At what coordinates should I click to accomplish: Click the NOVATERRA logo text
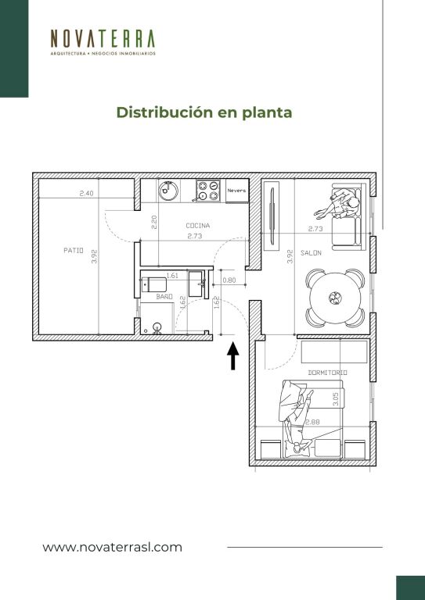(x=103, y=38)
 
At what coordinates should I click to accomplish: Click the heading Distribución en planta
(x=203, y=112)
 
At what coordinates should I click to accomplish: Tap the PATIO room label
(x=74, y=251)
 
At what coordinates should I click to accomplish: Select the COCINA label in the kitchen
(x=198, y=226)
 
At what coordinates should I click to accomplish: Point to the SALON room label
(x=311, y=253)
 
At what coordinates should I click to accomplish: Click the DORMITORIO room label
(x=328, y=373)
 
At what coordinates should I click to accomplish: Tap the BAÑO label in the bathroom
(x=164, y=297)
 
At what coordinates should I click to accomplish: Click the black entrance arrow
(x=232, y=356)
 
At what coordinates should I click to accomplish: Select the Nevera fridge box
(x=237, y=191)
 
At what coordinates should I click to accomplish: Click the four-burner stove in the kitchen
(x=208, y=191)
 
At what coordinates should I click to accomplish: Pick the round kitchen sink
(x=168, y=191)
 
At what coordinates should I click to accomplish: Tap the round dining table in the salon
(x=335, y=298)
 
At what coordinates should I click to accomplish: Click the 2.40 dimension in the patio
(x=86, y=194)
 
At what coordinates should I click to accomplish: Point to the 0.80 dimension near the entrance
(x=229, y=280)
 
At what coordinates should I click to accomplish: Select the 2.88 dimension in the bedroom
(x=313, y=422)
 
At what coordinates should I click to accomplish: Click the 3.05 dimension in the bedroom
(x=335, y=399)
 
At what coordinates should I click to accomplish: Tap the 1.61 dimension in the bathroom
(x=172, y=275)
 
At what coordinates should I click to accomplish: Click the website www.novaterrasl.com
(x=112, y=547)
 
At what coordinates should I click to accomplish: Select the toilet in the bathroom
(x=154, y=285)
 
